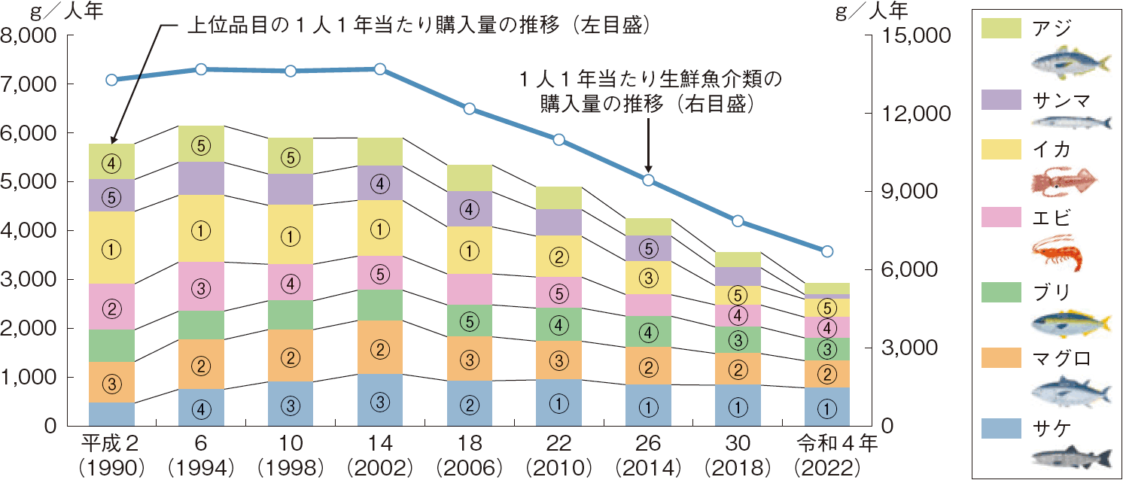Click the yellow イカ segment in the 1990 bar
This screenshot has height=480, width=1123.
[x=111, y=248]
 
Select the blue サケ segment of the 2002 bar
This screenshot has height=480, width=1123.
[x=379, y=400]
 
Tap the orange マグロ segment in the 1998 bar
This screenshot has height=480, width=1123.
[x=290, y=356]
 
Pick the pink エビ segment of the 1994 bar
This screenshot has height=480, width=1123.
[x=201, y=286]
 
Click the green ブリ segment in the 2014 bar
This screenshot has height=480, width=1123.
[x=648, y=331]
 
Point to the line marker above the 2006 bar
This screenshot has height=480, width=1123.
[x=469, y=108]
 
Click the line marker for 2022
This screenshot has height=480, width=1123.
[x=826, y=251]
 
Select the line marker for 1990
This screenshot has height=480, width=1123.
[x=111, y=80]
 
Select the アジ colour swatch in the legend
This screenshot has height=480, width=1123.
[x=1001, y=28]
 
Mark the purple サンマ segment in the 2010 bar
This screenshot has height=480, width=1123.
[x=558, y=222]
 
